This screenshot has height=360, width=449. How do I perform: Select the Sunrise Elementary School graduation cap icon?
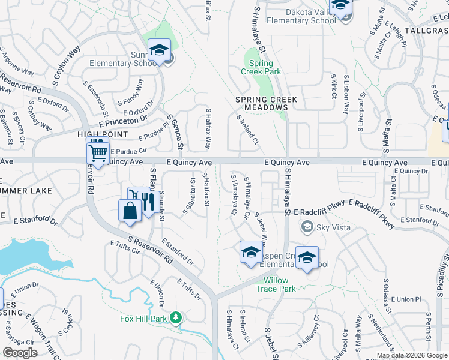160,50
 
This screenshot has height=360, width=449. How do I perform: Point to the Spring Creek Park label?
261,67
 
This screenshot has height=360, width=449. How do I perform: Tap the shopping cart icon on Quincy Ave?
98,150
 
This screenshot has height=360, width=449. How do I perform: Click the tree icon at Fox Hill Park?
176,317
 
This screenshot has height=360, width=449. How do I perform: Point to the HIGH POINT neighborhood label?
103,134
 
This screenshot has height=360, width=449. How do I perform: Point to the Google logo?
20,353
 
